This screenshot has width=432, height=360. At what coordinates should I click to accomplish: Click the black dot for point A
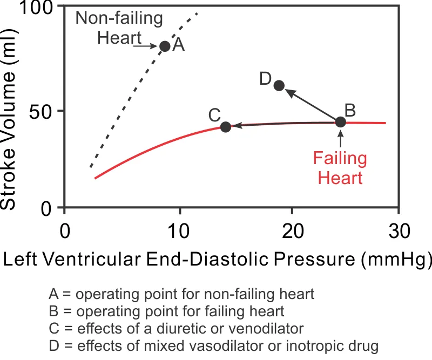coord(165,46)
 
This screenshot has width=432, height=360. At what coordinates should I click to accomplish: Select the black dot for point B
coord(340,122)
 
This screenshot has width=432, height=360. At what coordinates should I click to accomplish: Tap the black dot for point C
coord(226,127)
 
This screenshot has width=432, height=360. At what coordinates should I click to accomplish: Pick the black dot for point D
coord(279,85)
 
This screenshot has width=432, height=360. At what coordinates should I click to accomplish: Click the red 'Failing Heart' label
coord(340,168)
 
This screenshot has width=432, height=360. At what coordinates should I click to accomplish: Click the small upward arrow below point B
coord(340,140)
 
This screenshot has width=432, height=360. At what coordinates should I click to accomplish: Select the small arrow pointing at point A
coord(146,46)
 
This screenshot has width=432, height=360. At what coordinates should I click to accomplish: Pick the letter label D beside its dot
coord(265,79)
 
